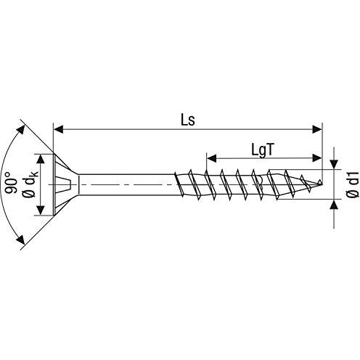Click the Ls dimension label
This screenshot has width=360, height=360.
(x=188, y=120)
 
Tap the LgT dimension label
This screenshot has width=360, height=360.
(x=263, y=150)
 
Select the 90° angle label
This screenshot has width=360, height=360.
(x=11, y=183)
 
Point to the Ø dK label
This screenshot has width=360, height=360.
(x=30, y=184)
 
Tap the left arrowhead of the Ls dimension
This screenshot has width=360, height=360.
(x=59, y=129)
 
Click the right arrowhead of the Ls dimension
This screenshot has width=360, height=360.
(x=317, y=129)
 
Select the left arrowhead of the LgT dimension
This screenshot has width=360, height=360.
(x=211, y=158)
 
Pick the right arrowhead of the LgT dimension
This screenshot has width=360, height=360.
(x=317, y=158)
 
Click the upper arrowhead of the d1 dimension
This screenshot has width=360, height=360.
(x=334, y=164)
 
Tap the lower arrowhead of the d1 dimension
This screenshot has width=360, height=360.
(x=334, y=205)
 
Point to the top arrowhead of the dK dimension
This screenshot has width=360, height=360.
(x=41, y=159)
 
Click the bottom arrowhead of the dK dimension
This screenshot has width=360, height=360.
(x=41, y=210)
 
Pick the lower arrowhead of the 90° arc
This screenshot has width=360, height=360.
(x=20, y=240)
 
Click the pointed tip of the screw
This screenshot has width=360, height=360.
(x=322, y=184)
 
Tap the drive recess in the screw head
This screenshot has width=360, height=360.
(x=62, y=184)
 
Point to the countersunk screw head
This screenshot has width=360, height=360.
(x=66, y=184)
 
